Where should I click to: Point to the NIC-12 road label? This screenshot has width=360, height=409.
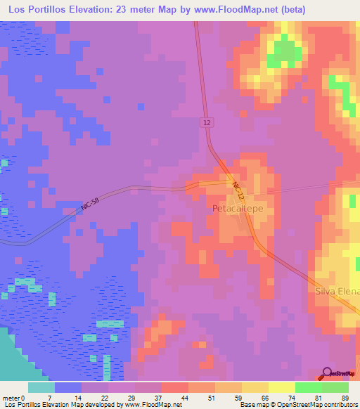[x=240, y=193]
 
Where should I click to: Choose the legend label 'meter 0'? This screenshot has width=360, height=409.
[x=16, y=398]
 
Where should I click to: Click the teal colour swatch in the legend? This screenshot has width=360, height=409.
[x=41, y=387]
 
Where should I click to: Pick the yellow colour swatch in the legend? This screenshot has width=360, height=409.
[x=282, y=387]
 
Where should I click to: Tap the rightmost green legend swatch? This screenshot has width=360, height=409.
[x=335, y=387]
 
